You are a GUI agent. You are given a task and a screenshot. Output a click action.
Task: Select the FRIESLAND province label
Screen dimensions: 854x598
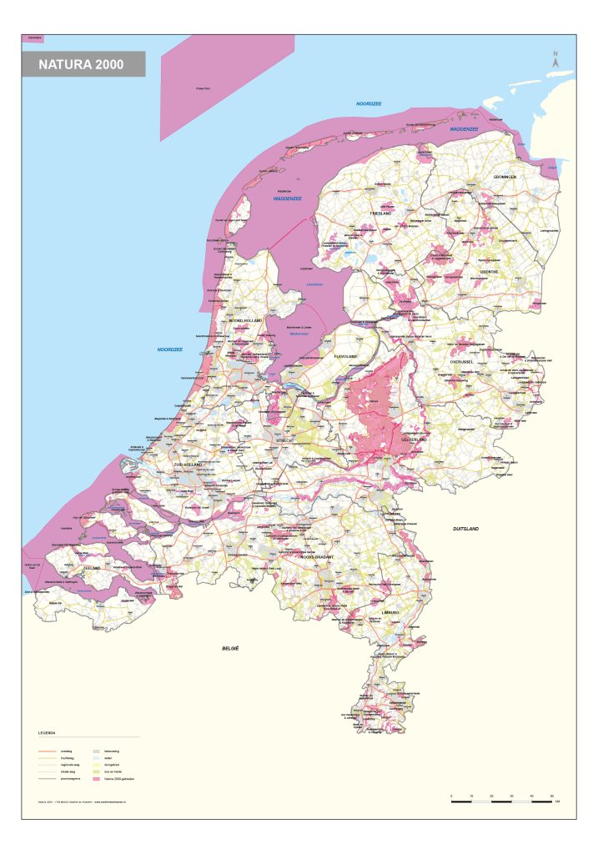click(380, 214)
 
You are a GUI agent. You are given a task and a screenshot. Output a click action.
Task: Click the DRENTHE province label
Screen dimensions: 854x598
click(488, 271)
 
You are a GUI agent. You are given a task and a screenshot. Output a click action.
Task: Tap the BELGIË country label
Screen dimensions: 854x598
click(230, 648)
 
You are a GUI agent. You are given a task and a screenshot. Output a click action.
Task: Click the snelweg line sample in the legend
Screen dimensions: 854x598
click(47, 751)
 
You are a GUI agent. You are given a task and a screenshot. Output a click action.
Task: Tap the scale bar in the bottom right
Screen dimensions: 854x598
click(500, 801)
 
